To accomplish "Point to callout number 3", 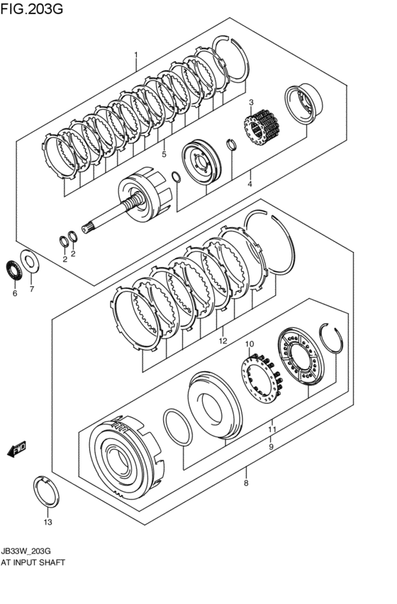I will [x=250, y=103].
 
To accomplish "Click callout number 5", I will [x=164, y=154].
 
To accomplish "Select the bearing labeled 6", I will [x=13, y=270].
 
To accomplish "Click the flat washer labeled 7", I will [x=30, y=260].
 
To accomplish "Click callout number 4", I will [x=250, y=185].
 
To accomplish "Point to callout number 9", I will [x=270, y=447].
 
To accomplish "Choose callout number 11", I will [x=271, y=429].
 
